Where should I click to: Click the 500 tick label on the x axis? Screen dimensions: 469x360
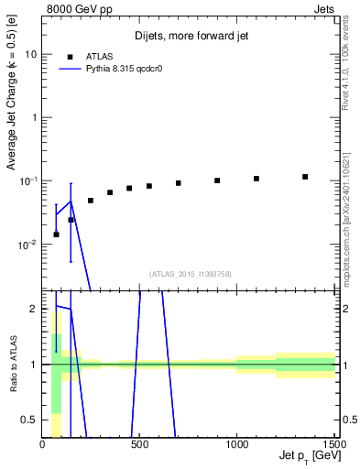point(139,444)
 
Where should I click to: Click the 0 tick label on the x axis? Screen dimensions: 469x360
point(42,444)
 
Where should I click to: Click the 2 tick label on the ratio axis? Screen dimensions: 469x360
point(34,309)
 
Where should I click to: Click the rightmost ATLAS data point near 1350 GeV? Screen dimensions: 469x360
point(305,177)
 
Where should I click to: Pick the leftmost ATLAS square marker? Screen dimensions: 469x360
point(56,234)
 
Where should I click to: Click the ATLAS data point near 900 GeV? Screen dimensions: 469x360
point(217,180)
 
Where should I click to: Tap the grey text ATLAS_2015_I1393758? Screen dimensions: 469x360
point(190,273)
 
